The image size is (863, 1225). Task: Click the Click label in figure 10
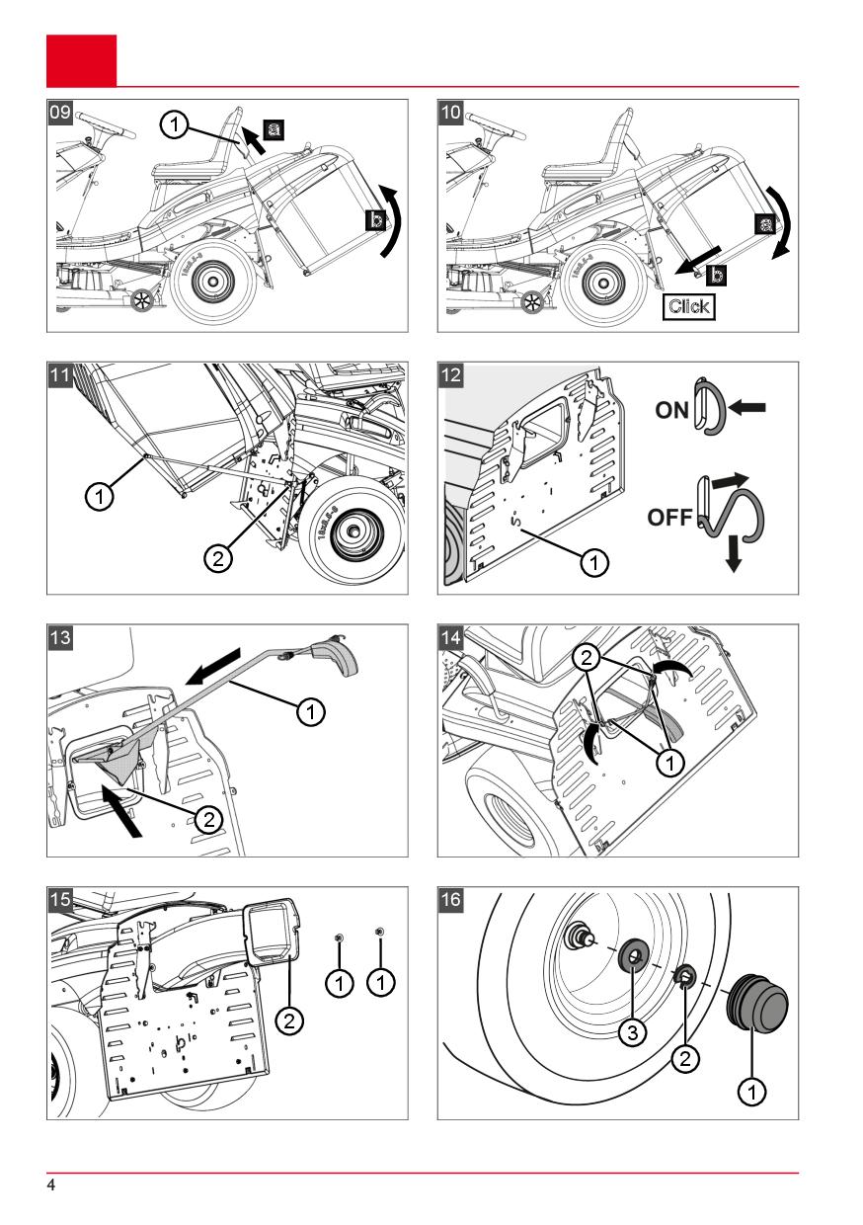click(x=688, y=305)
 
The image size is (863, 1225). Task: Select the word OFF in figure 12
click(x=670, y=517)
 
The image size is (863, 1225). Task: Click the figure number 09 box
click(x=60, y=112)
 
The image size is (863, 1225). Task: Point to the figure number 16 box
click(x=451, y=900)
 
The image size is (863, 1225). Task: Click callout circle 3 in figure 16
click(x=632, y=1033)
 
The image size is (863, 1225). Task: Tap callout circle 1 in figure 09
click(x=174, y=124)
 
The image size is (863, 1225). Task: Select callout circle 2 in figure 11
click(x=217, y=558)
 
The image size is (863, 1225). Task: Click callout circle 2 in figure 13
click(x=207, y=818)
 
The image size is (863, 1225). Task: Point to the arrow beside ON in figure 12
click(x=746, y=406)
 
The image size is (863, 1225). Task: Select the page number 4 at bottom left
click(x=51, y=1184)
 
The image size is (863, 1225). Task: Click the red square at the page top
click(x=81, y=60)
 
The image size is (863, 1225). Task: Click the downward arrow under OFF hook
click(x=733, y=553)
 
